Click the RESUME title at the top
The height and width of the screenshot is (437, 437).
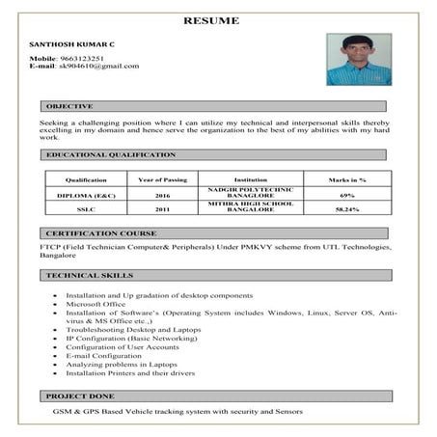[219, 19]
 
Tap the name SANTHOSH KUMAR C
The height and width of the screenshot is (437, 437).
[70, 45]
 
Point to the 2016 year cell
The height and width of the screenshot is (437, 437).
[162, 194]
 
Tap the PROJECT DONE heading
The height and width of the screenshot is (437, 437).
[80, 396]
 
